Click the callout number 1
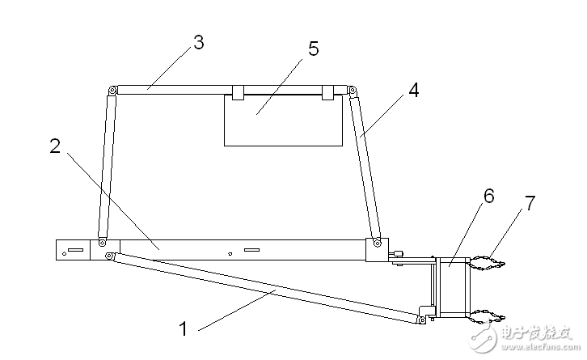tap(183, 329)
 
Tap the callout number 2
tap(55, 146)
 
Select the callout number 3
tap(199, 42)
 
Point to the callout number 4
tap(414, 90)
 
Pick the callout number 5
tap(314, 49)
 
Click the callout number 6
tap(489, 196)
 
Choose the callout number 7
tap(530, 203)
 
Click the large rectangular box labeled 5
tap(283, 120)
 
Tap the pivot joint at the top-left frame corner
tap(112, 91)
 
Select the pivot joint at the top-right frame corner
tap(352, 91)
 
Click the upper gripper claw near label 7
tap(487, 263)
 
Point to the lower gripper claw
tap(487, 317)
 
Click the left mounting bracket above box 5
tap(238, 92)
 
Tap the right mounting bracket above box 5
tap(328, 92)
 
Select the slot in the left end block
tap(75, 249)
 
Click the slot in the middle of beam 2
tap(251, 249)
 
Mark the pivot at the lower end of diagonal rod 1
tap(422, 320)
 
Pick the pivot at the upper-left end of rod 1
tap(109, 256)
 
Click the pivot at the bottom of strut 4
tap(378, 244)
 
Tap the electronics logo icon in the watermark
tap(484, 334)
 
